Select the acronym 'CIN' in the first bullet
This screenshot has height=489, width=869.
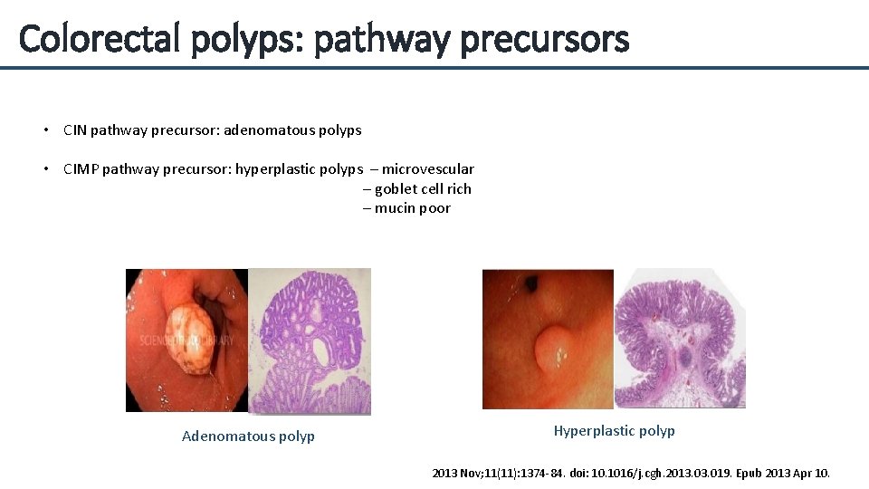click(76, 129)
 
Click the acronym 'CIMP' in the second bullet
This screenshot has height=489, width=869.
click(81, 168)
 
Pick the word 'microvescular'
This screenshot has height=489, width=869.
click(428, 168)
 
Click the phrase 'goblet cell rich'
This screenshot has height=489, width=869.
click(423, 188)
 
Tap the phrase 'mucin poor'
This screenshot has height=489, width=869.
click(413, 208)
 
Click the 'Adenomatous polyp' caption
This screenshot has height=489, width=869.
click(248, 436)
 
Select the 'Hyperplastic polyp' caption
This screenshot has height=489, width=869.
click(614, 431)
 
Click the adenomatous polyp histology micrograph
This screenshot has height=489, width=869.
click(310, 341)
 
